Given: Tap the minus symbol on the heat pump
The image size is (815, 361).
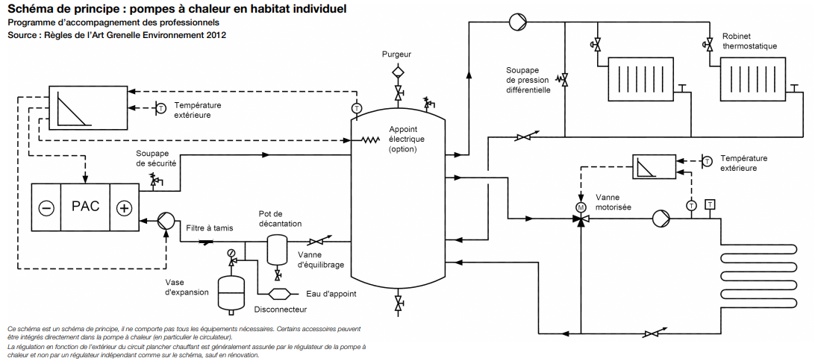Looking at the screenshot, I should click(46, 208).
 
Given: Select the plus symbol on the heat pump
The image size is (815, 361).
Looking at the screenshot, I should click(124, 208).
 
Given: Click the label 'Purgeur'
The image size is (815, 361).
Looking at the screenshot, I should click(396, 54).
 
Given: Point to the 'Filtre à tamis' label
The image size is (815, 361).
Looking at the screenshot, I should click(209, 227).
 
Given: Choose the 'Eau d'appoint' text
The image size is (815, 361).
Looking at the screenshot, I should click(331, 294).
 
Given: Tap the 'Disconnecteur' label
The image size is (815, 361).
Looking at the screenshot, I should click(281, 309).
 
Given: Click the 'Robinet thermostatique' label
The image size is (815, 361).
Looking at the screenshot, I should click(749, 41).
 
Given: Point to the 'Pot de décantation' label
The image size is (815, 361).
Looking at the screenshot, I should click(280, 219).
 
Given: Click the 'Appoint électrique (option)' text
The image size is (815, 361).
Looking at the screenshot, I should click(407, 139).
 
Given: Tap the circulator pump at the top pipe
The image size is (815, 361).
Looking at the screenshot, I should click(518, 22).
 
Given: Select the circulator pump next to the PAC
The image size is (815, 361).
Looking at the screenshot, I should click(166, 221).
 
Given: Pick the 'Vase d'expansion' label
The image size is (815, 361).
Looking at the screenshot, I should click(187, 287).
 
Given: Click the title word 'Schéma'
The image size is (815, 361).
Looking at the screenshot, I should click(30, 10).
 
